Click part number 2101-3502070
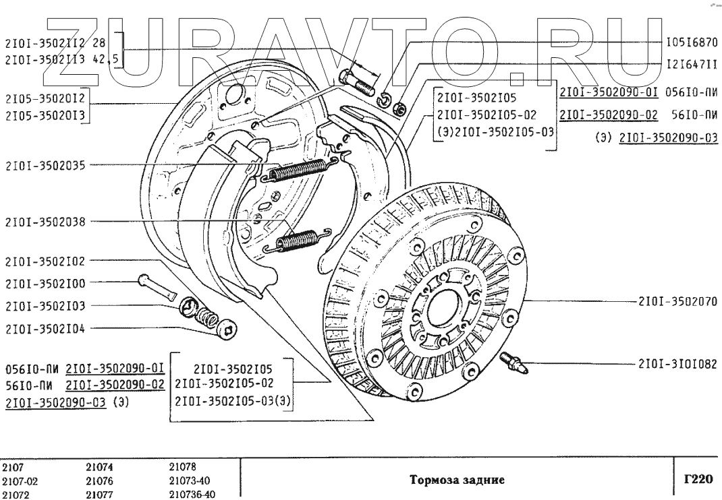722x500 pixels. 677,301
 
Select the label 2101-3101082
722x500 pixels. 677,365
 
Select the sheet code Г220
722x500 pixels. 698,480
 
